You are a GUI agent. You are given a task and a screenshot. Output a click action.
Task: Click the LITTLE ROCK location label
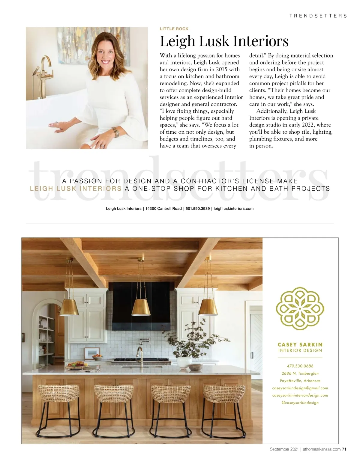coord(174,29)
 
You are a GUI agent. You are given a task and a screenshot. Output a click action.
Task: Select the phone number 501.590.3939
coord(198,209)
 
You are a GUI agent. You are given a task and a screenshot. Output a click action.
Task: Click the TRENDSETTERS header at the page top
coord(318,16)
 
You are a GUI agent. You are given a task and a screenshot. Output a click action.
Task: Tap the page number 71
coord(344,449)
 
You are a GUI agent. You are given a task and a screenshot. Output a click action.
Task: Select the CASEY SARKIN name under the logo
coord(300,345)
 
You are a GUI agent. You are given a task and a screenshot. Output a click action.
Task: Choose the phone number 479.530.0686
coord(300,366)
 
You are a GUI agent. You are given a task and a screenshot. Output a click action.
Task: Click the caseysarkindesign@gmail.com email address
coord(300,388)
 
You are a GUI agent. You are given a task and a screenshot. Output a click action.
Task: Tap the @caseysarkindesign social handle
coord(300,403)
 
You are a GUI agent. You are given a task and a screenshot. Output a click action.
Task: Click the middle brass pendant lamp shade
coord(141,307)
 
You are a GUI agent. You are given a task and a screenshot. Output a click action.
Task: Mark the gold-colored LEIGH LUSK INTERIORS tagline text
coord(76,189)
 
